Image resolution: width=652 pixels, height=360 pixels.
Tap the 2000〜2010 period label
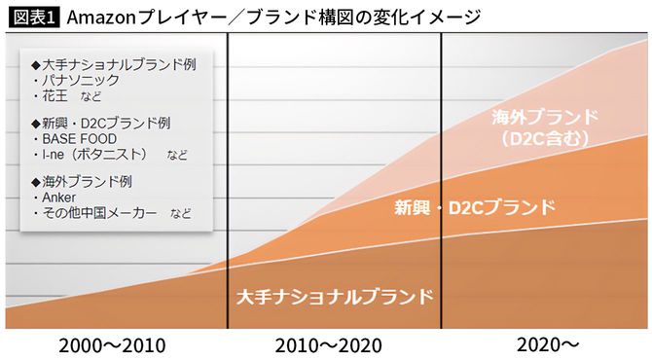pyautogui.click(x=112, y=344)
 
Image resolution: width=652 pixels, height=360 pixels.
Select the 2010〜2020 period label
pyautogui.click(x=328, y=344)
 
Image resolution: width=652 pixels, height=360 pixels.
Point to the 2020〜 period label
pyautogui.click(x=548, y=344)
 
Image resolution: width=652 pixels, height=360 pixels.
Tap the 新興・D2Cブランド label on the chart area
pyautogui.click(x=475, y=207)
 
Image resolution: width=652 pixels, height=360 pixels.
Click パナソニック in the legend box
pyautogui.click(x=77, y=80)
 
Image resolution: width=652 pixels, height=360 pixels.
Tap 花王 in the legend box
pyautogui.click(x=54, y=96)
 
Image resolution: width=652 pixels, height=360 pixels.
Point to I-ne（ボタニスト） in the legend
pyautogui.click(x=92, y=155)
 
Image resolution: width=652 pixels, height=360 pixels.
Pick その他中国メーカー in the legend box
pyautogui.click(x=98, y=213)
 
